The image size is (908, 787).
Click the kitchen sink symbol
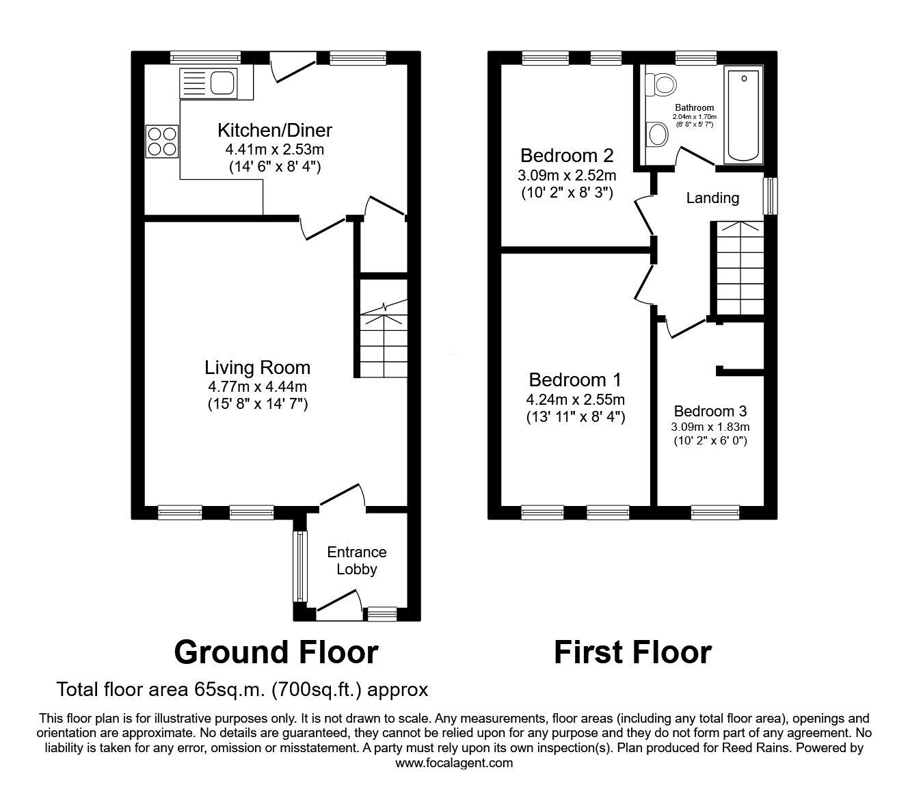209,83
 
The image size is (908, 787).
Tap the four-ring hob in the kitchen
161,142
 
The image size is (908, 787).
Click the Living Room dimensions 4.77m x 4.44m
258,387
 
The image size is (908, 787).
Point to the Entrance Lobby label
356,560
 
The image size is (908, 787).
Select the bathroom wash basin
658,134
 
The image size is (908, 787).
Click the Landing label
712,198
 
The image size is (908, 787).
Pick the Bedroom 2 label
566,155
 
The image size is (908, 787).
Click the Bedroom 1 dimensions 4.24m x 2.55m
575,399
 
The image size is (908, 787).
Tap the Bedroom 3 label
710,411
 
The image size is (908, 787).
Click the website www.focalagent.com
454,763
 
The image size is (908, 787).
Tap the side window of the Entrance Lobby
298,565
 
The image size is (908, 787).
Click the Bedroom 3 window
715,510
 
